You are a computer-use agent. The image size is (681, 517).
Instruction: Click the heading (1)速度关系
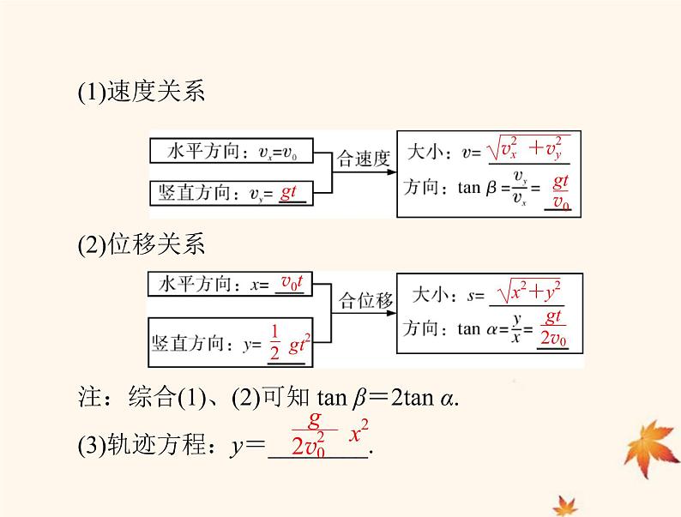[141, 93]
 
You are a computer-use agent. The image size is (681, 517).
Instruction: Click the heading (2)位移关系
[141, 244]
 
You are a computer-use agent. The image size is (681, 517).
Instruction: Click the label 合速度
[365, 159]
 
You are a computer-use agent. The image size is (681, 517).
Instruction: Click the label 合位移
[366, 300]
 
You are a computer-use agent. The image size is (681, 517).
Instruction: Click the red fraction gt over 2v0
[553, 330]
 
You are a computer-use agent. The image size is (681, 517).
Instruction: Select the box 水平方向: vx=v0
[231, 153]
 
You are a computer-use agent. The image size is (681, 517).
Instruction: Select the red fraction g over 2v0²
[314, 434]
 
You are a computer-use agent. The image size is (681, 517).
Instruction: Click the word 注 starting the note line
[88, 400]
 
